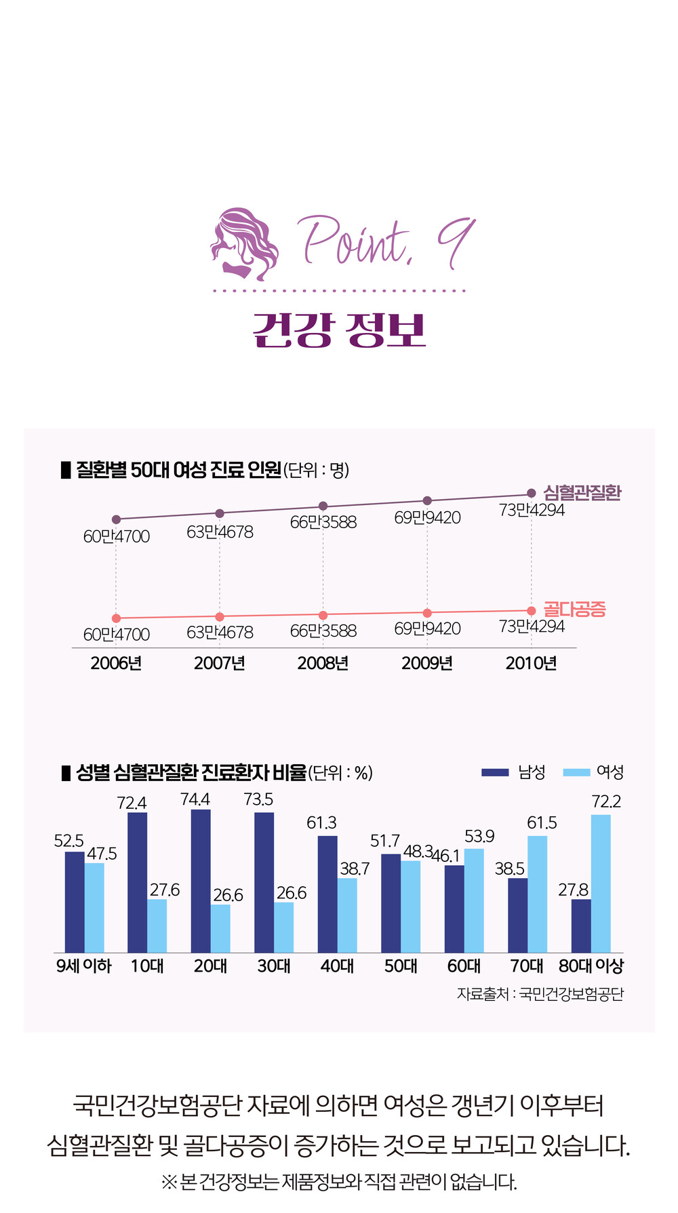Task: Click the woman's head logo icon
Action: tap(244, 243)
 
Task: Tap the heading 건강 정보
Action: tap(339, 331)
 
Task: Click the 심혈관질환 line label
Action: tap(582, 493)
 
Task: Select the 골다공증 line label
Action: tap(574, 609)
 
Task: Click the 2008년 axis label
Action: tap(323, 663)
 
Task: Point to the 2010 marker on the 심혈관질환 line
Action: tap(531, 494)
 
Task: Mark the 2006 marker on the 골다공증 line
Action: tap(116, 618)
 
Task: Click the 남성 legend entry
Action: tap(513, 772)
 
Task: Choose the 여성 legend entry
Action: tap(593, 772)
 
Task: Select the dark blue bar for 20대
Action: tap(201, 881)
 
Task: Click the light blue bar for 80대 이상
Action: tap(600, 883)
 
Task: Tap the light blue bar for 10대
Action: tap(157, 926)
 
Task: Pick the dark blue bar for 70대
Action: tap(518, 915)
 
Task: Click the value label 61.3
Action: tap(321, 823)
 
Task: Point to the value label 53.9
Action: tap(479, 837)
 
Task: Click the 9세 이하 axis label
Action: tap(83, 966)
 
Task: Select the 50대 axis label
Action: tap(401, 966)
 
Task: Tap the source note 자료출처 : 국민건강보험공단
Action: tap(540, 994)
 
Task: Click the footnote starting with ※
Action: tap(339, 1182)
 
